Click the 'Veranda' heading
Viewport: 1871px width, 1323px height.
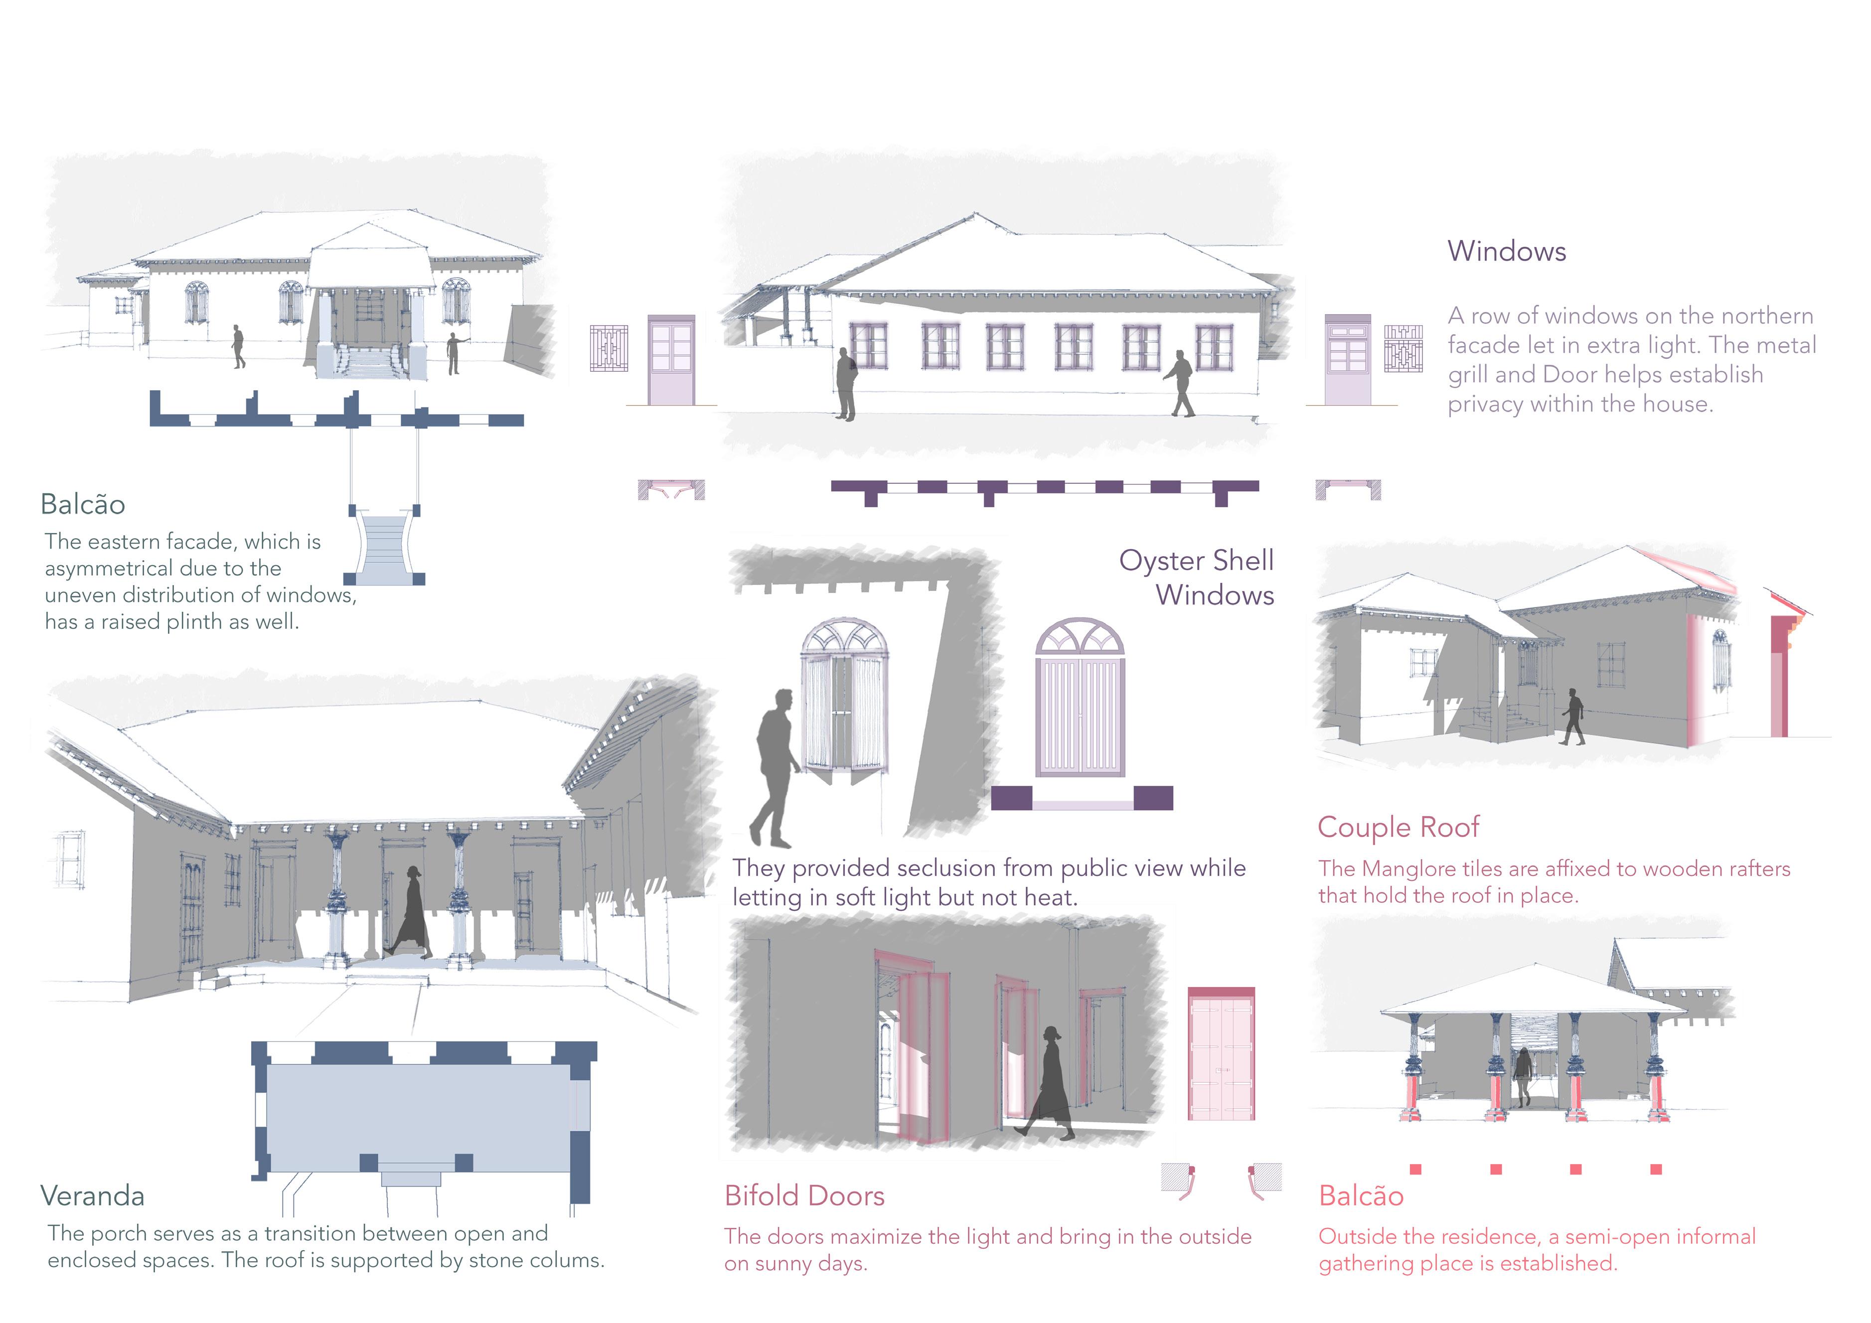coord(92,1196)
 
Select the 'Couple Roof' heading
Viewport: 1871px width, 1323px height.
coord(1398,827)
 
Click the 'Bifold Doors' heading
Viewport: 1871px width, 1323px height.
coord(804,1196)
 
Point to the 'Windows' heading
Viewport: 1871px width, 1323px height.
coord(1506,251)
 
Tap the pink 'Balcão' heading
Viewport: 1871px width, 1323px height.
coord(1361,1196)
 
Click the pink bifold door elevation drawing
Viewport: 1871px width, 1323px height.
coord(1221,1055)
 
